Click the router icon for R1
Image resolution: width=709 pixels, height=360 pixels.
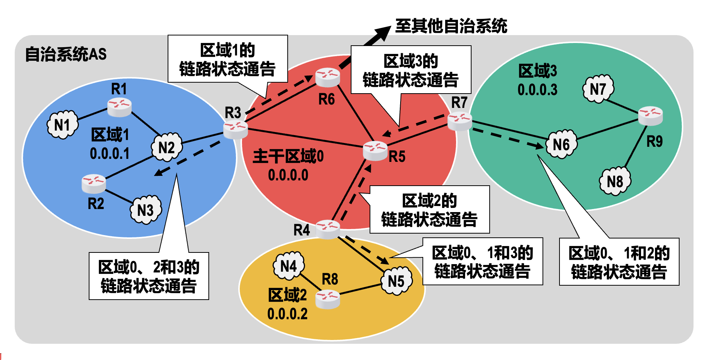pos(119,107)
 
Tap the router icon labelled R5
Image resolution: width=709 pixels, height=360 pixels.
pos(375,151)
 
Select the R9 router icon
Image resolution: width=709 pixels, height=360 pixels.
pos(650,115)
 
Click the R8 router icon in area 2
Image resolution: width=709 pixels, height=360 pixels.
pos(328,299)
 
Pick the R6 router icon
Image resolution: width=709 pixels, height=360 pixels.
pos(328,77)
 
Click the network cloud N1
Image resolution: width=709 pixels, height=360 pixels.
pos(62,125)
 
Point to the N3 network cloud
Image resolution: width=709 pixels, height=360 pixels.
pos(146,210)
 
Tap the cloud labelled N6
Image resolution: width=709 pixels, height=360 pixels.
pos(561,144)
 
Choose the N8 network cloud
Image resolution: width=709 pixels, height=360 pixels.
pos(615,181)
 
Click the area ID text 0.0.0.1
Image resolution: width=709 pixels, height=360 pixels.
pos(109,154)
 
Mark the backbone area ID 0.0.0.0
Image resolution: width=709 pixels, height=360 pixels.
pos(288,175)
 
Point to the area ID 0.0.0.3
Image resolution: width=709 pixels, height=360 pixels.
pos(537,90)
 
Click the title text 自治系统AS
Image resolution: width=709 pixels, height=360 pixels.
pos(66,54)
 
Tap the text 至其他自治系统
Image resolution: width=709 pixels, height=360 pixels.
pos(451,26)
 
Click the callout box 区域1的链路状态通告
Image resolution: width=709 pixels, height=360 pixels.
pos(228,59)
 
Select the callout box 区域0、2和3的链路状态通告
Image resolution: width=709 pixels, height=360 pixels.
pos(149,276)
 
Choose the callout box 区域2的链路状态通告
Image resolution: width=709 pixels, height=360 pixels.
pos(429,209)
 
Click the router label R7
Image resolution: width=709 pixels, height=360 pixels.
pos(459,102)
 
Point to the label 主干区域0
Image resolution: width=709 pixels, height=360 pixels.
pos(288,156)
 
